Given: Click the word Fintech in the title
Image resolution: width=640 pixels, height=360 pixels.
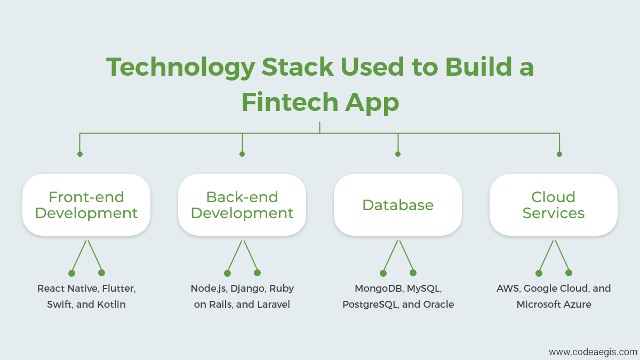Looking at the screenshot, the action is pos(290,102).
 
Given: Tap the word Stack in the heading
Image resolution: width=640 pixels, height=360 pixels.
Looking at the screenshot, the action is pos(298,67).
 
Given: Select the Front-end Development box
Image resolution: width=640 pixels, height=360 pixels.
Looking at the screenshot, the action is pos(86,205).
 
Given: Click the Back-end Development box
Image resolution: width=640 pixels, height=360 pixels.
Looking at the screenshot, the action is pos(242,205).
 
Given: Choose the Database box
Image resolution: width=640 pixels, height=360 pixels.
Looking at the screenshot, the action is pos(398,205).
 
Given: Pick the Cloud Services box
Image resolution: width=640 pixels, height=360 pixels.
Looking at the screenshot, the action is pos(554,205).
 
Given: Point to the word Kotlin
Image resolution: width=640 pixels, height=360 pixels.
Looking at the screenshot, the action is pos(111,305).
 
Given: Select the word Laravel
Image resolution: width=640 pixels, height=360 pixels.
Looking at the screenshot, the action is pos(274,305).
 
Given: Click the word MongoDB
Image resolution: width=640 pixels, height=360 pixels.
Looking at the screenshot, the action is pos(379,289).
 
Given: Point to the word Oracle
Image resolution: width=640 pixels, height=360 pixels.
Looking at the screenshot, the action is pos(438,305).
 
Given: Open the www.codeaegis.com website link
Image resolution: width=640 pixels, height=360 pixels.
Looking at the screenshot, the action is pos(593,352).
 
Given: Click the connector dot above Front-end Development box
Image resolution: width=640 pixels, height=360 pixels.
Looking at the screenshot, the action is pos(80,154).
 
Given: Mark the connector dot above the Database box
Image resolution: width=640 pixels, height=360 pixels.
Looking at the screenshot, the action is pos(398,154).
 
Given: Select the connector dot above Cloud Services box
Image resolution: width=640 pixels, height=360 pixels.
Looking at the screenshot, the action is pos(559,154).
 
